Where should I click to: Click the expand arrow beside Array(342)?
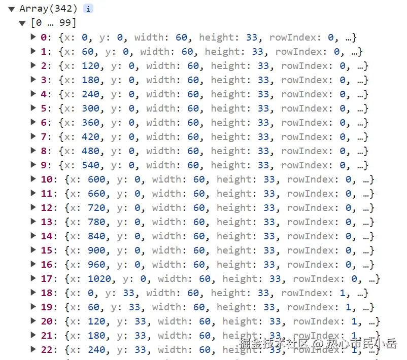point(11,9)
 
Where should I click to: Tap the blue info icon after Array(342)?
point(88,9)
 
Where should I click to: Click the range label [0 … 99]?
point(53,23)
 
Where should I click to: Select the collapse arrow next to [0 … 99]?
point(22,23)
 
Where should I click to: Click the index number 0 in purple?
point(44,38)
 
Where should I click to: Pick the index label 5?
point(44,109)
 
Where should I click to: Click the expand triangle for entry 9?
point(33,165)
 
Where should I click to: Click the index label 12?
point(47,208)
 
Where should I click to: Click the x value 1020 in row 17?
point(99,279)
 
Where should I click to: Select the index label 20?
point(47,321)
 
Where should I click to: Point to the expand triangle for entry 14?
point(33,236)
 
